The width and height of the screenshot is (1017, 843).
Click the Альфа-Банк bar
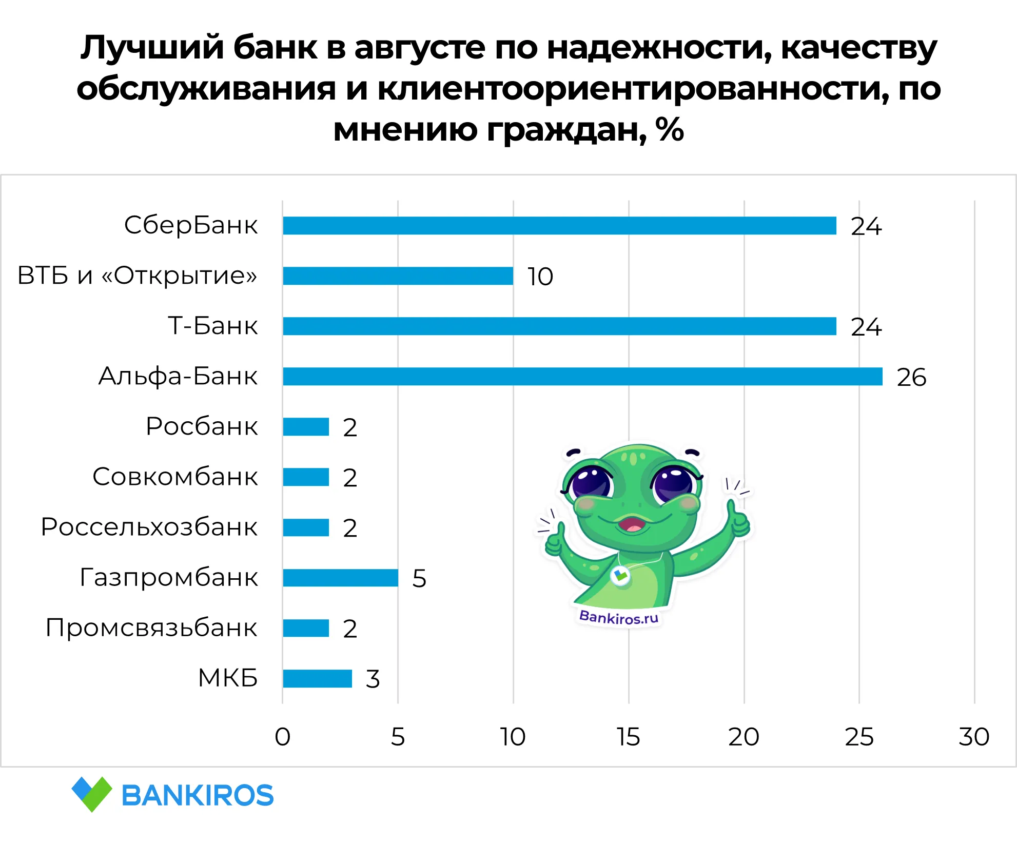[582, 376]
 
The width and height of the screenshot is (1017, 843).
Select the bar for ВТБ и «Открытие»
[398, 276]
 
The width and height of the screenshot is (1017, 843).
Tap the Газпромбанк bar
[340, 578]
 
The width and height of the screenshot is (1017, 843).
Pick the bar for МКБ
[317, 678]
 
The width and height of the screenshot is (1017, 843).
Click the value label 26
[911, 377]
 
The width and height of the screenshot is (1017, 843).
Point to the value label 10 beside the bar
[540, 277]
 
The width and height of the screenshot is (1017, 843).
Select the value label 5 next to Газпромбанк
[419, 578]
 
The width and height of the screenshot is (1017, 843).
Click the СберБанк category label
[191, 225]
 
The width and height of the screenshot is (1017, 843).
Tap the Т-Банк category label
[213, 326]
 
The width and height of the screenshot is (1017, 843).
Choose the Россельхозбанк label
[149, 527]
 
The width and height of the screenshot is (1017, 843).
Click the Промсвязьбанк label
[151, 628]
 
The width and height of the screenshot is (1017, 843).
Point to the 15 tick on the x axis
[629, 737]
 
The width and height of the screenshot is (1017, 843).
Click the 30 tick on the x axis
[974, 737]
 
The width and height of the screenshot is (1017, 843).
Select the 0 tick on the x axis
[283, 737]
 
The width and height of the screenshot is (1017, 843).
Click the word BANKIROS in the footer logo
[198, 796]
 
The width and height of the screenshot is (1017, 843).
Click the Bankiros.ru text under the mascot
[619, 617]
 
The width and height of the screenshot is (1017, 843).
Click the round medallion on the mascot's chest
[620, 576]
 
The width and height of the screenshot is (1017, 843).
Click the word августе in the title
[420, 47]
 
